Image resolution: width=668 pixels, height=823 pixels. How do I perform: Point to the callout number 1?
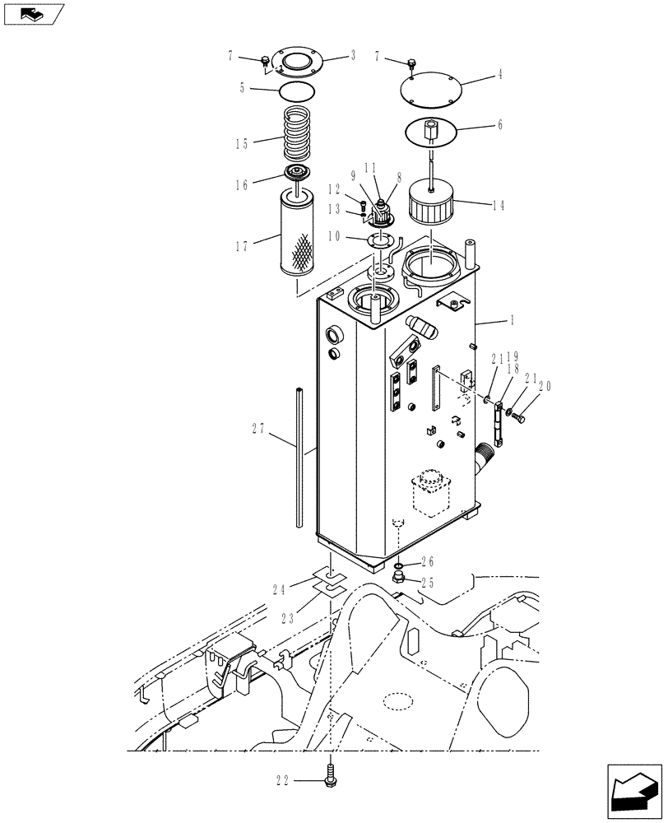(x=503, y=319)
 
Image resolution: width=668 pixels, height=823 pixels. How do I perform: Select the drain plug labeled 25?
(x=399, y=581)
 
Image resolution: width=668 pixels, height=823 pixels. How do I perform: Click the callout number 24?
(x=279, y=588)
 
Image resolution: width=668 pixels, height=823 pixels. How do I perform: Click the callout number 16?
(x=242, y=185)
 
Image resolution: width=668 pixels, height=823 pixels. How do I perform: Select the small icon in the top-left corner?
(x=33, y=13)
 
